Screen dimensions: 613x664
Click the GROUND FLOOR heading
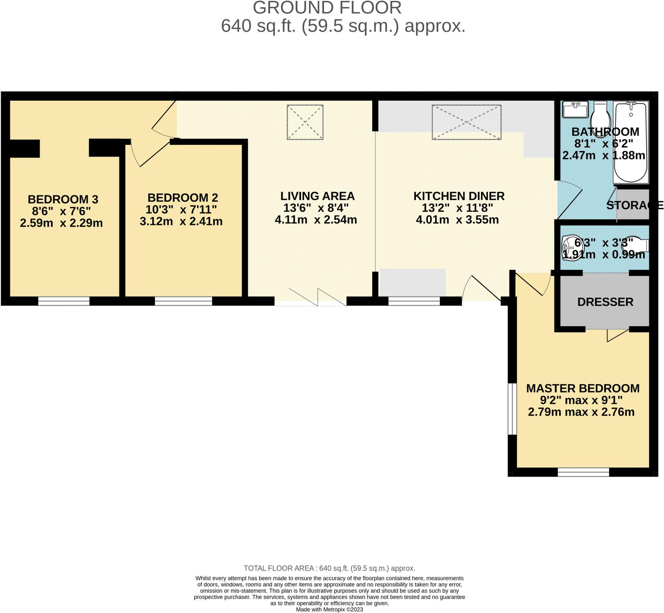tap(327, 8)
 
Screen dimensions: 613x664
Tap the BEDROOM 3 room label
tap(63, 199)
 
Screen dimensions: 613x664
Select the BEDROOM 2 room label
tap(183, 198)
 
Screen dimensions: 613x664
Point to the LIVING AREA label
tap(317, 196)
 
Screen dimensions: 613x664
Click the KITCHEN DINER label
tap(459, 196)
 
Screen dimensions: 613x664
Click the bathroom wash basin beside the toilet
tap(575, 110)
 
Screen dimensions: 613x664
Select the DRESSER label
tap(605, 302)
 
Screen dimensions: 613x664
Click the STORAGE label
tap(634, 205)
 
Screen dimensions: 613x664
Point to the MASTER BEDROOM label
tap(583, 388)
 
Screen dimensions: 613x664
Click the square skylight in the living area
tap(305, 122)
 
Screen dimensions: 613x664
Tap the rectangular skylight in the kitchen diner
tap(466, 122)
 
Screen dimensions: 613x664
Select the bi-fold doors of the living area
tap(317, 298)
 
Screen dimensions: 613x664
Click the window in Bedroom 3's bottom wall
tap(64, 301)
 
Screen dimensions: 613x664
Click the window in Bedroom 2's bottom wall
tap(183, 301)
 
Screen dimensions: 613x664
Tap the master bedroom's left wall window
tap(512, 409)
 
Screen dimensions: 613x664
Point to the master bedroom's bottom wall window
tap(583, 472)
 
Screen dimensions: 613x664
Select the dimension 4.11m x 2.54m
tap(316, 220)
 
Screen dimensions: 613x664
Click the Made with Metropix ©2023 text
tap(329, 609)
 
